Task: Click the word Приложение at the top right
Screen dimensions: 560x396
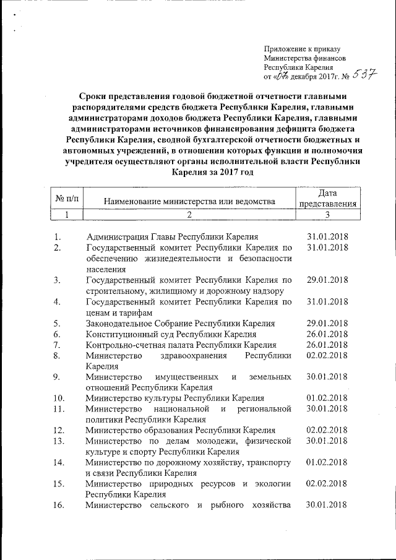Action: (286, 48)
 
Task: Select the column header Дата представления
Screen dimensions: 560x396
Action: (328, 199)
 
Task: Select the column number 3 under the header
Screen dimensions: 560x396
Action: (328, 215)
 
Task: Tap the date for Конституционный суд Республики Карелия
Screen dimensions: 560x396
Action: (328, 334)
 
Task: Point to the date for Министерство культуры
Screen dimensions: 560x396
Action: (328, 398)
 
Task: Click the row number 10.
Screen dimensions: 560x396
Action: (60, 398)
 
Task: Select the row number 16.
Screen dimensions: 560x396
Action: (60, 506)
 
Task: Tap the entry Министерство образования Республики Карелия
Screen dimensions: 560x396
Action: (181, 430)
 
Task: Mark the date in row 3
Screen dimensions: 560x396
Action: (328, 280)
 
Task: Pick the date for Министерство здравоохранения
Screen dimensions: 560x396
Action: (328, 355)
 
